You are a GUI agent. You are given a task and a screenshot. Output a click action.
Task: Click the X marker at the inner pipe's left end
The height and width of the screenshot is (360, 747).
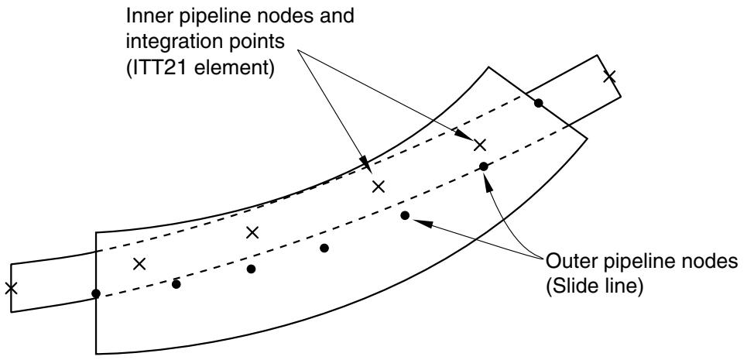coord(11,288)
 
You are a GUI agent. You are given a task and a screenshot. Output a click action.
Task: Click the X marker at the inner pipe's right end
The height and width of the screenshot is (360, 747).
coord(609,76)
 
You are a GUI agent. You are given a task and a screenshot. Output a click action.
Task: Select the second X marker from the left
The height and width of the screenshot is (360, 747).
coord(139,264)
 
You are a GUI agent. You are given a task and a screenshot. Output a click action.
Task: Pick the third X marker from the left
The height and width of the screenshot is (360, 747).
coord(252,232)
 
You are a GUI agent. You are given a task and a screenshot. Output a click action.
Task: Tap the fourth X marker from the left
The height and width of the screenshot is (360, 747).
coord(379,187)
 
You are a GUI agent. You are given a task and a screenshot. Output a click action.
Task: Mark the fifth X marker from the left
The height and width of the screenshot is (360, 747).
coord(480,146)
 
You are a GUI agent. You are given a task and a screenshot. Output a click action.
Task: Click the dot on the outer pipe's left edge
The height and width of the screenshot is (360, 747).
coord(96,293)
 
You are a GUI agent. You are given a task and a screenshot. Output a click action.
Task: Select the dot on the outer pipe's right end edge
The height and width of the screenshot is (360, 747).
coord(538,103)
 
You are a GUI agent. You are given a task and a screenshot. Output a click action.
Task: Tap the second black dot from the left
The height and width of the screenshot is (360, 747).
coord(176,284)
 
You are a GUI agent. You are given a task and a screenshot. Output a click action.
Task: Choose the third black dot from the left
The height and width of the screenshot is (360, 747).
coord(251,269)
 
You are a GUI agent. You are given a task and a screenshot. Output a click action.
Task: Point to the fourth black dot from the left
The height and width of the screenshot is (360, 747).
coord(324,248)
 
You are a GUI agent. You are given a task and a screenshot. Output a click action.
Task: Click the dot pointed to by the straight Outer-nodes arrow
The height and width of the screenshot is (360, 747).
coord(405,216)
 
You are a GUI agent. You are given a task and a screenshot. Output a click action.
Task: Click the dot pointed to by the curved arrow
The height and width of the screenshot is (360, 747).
coord(484,166)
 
